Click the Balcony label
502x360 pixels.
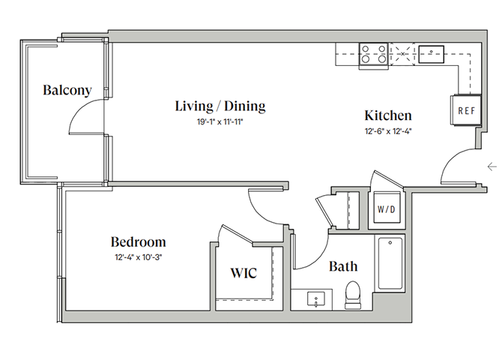[x=67, y=91]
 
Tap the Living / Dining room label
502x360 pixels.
[x=220, y=106]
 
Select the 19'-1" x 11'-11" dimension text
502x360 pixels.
[x=220, y=121]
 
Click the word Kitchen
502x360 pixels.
[x=388, y=115]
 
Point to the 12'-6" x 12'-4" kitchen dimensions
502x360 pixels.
[x=388, y=130]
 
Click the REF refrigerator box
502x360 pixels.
[x=466, y=110]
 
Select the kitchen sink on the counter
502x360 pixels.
[x=432, y=52]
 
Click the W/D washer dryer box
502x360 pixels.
[x=387, y=208]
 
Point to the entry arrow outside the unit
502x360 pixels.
[x=492, y=166]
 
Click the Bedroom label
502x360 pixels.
[x=139, y=242]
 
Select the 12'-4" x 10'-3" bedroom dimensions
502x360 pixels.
[x=139, y=257]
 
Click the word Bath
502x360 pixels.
[x=342, y=266]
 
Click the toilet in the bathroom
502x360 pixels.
[x=351, y=295]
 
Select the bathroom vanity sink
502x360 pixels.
[x=316, y=298]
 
